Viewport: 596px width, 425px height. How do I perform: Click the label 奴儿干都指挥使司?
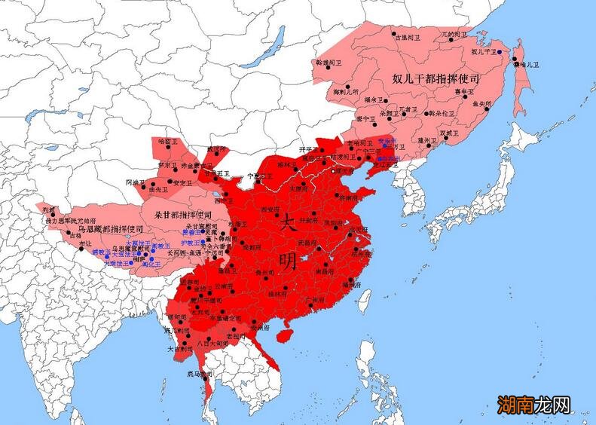click(x=436, y=78)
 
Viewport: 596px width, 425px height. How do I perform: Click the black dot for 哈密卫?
click(x=160, y=148)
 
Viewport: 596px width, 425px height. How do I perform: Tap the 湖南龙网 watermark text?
click(x=532, y=405)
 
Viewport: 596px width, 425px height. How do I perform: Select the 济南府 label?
click(x=350, y=197)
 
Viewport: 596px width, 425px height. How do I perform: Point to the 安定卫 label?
click(x=183, y=182)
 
